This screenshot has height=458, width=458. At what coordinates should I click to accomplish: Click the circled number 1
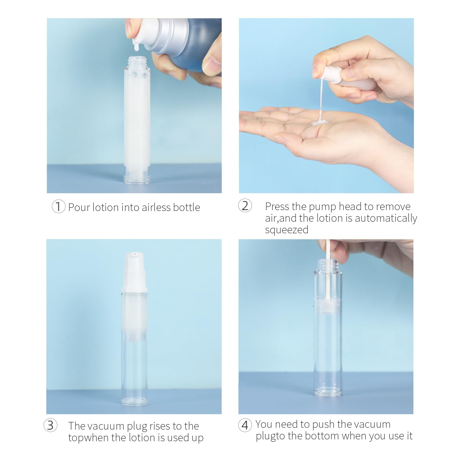pos(58,207)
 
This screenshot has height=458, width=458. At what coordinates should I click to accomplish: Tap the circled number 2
pos(245,206)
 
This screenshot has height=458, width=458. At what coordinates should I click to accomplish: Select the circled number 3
pos(50,425)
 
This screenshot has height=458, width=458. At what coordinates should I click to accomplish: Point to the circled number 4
pos(245,425)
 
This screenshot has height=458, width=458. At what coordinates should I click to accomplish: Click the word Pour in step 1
pos(79,207)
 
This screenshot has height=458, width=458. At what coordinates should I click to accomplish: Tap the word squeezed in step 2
pos(287,230)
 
